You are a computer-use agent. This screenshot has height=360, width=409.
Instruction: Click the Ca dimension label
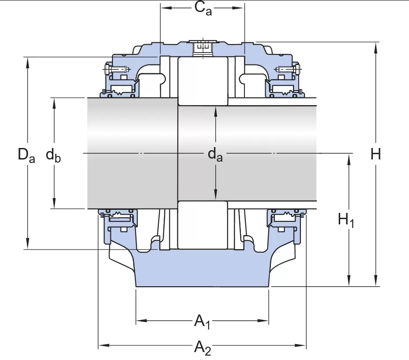click(203, 8)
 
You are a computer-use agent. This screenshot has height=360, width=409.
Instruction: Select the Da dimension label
click(26, 155)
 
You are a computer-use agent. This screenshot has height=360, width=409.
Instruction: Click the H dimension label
click(375, 154)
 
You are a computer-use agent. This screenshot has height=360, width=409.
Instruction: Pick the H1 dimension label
click(346, 220)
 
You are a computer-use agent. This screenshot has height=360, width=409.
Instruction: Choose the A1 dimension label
click(202, 321)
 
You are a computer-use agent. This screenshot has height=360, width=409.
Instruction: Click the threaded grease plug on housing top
click(203, 48)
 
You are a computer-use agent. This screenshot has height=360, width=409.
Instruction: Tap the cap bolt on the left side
click(116, 69)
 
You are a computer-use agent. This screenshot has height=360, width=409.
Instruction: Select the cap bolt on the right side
click(287, 69)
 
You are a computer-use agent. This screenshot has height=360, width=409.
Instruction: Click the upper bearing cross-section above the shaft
click(203, 81)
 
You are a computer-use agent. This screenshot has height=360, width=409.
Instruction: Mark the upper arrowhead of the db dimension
click(54, 101)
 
